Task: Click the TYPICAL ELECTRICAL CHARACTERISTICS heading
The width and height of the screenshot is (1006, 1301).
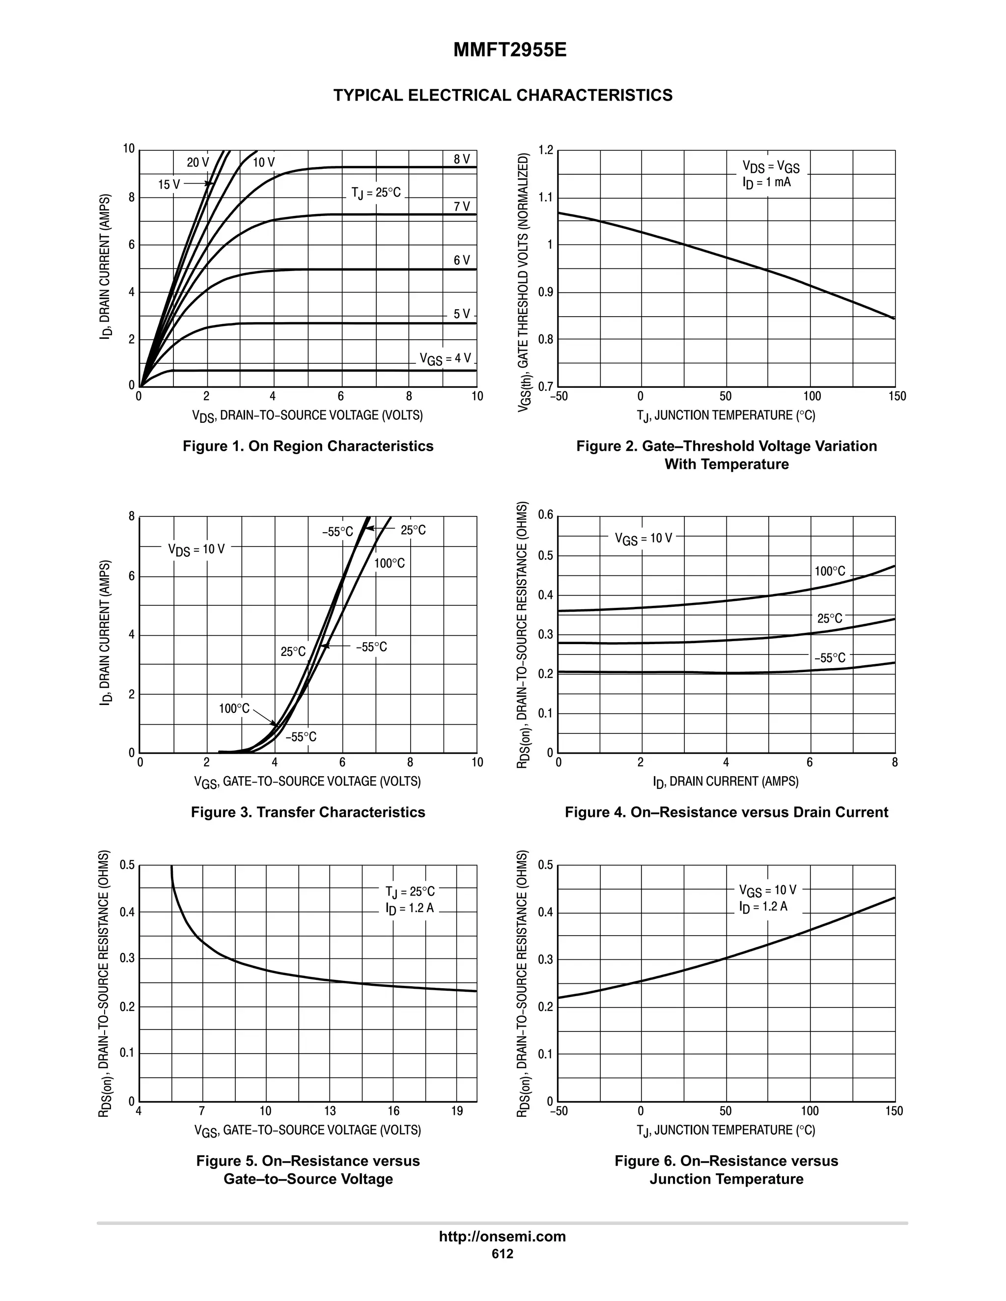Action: click(x=503, y=95)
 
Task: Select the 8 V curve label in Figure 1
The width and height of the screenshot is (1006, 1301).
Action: click(x=462, y=159)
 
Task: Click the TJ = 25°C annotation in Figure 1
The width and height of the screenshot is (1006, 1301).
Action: click(x=376, y=193)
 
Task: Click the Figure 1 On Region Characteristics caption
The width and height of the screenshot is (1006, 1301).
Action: click(x=308, y=446)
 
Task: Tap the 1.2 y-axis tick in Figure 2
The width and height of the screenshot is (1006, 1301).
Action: click(x=546, y=150)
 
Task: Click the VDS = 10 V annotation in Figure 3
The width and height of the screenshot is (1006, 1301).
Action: click(x=196, y=549)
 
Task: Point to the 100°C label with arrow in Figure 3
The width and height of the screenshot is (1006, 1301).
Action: click(x=234, y=709)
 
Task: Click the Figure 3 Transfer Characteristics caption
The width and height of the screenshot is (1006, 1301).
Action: click(x=308, y=813)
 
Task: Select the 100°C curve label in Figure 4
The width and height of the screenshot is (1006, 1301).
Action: click(x=830, y=571)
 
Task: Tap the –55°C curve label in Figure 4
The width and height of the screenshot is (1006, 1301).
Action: click(x=830, y=658)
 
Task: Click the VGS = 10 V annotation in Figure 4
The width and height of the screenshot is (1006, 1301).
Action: click(x=643, y=539)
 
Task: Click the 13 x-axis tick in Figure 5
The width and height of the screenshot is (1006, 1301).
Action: click(x=330, y=1111)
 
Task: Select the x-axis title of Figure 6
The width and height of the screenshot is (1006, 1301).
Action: click(x=726, y=1131)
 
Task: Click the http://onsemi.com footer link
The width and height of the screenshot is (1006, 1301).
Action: click(x=503, y=1237)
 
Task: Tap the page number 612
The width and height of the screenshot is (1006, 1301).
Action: click(x=503, y=1254)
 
